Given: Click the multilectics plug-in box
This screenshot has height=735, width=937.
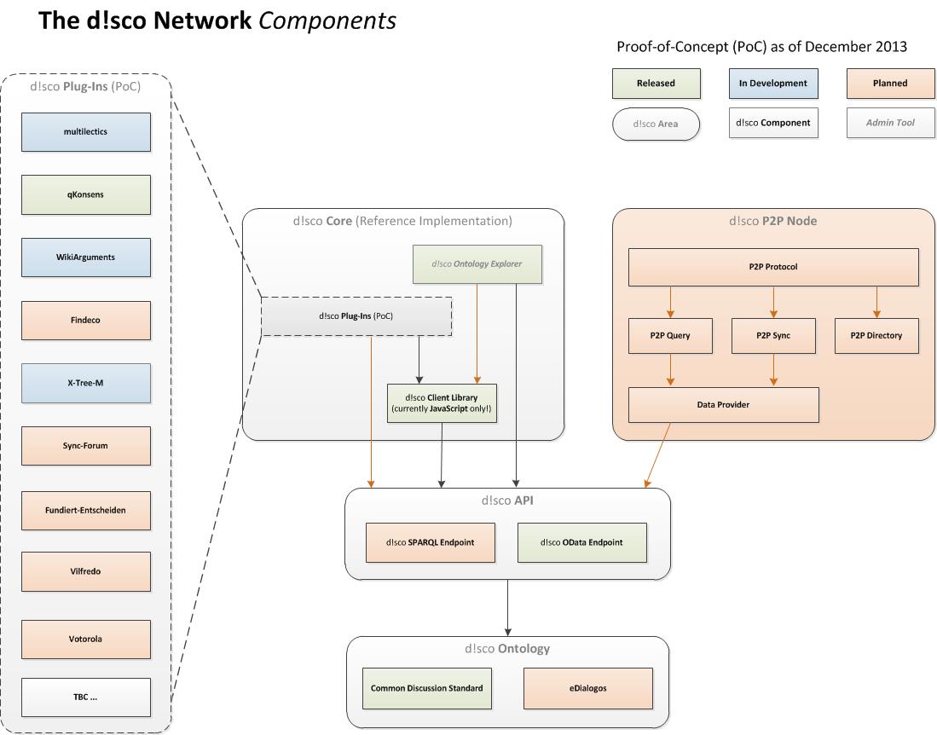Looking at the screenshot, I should pyautogui.click(x=85, y=132).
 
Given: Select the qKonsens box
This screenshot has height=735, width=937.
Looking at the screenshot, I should pyautogui.click(x=85, y=194).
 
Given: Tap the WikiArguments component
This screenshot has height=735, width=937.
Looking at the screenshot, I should pyautogui.click(x=85, y=258).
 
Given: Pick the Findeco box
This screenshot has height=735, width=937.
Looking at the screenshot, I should pyautogui.click(x=85, y=321).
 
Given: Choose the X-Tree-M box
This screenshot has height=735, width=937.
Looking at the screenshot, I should pyautogui.click(x=85, y=384).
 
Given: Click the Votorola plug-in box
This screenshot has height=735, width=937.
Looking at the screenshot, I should pyautogui.click(x=85, y=639).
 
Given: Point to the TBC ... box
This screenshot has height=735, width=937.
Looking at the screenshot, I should pyautogui.click(x=85, y=697).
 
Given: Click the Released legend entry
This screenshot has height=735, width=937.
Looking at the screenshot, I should pyautogui.click(x=656, y=84).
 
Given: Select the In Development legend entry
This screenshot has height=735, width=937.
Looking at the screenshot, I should pyautogui.click(x=772, y=84).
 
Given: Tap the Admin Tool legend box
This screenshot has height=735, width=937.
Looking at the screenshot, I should pyautogui.click(x=889, y=123).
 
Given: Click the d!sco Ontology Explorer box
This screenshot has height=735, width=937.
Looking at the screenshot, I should pyautogui.click(x=477, y=264).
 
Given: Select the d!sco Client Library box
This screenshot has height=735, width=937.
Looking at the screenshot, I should pyautogui.click(x=441, y=403).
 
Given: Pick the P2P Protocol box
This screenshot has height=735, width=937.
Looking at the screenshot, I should pyautogui.click(x=773, y=267).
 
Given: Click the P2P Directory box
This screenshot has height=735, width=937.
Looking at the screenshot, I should pyautogui.click(x=876, y=336).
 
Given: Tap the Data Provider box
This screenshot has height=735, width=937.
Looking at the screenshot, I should pyautogui.click(x=723, y=405).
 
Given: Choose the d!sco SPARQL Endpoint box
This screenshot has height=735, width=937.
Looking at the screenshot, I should pyautogui.click(x=430, y=542).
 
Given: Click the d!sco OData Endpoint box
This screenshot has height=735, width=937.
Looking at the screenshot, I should pyautogui.click(x=581, y=542).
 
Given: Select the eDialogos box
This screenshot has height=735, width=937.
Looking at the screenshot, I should pyautogui.click(x=588, y=688).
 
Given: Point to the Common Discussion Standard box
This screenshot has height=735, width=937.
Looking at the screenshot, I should pyautogui.click(x=427, y=688).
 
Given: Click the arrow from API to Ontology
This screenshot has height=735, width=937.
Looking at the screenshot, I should pyautogui.click(x=508, y=607).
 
